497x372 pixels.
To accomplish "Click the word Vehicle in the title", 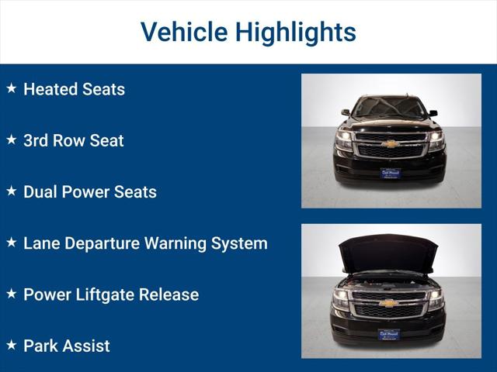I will [x=183, y=32].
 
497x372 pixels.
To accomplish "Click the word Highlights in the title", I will [x=296, y=32].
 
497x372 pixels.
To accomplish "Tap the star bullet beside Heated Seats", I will [x=11, y=88].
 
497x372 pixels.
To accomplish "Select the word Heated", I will [x=50, y=89].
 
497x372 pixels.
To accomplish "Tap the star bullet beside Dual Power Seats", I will [x=11, y=191].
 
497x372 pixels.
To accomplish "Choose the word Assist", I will [x=87, y=346].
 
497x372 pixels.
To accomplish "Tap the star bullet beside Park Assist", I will [x=11, y=344].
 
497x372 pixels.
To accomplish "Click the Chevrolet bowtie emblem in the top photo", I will [x=390, y=143].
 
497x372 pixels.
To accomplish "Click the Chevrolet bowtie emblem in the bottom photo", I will [x=390, y=303].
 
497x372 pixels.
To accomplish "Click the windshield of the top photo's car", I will [x=390, y=106].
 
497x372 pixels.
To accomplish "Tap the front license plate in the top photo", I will [x=390, y=173].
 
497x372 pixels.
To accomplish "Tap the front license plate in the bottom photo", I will [x=390, y=333].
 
